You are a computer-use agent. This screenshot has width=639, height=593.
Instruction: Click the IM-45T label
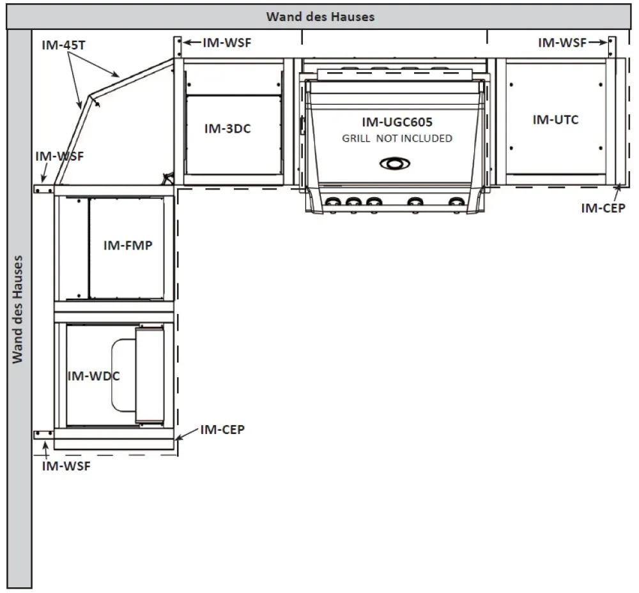point(63,45)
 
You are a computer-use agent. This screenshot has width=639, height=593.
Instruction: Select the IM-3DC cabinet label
point(227,128)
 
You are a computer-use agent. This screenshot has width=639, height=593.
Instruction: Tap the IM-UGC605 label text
point(397,122)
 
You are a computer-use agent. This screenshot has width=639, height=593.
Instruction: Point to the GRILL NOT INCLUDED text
point(397,139)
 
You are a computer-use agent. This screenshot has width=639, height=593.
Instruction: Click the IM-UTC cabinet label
point(555,119)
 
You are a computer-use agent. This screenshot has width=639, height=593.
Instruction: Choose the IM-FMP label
point(128,245)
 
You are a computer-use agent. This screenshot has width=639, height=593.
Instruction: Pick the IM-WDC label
point(94,376)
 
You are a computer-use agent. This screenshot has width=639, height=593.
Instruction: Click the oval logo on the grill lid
point(395,163)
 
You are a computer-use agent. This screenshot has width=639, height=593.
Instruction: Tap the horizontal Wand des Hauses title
point(320,17)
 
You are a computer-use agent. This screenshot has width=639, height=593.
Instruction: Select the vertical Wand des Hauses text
point(17,310)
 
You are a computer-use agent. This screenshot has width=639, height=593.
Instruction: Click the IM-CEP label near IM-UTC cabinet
point(603,208)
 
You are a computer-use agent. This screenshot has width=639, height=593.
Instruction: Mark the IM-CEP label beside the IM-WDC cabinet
point(222,430)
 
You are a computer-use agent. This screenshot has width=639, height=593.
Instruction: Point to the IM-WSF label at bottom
point(66,466)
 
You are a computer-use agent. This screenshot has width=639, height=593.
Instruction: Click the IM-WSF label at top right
point(562,43)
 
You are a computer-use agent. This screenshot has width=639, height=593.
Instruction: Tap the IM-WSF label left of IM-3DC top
point(227,43)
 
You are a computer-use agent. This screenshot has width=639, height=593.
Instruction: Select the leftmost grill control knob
point(333,202)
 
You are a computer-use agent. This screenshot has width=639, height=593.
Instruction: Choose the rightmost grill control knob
point(456,202)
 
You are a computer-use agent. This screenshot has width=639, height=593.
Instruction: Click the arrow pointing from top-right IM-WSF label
point(597,42)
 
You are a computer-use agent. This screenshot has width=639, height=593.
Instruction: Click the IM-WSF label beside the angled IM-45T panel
point(59,156)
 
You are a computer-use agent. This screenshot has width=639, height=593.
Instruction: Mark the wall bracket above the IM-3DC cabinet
point(178,47)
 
